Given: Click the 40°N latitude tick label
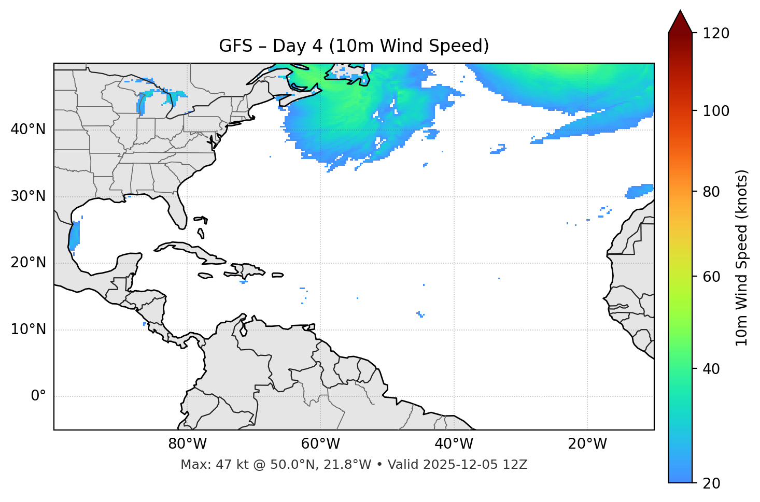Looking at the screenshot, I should click(x=28, y=130).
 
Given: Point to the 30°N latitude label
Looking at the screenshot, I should click(x=28, y=196).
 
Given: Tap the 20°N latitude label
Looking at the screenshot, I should click(x=28, y=263).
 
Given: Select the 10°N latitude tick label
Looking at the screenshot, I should click(x=28, y=329).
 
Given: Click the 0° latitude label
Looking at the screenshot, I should click(x=38, y=396).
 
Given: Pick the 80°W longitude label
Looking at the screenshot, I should click(x=187, y=444).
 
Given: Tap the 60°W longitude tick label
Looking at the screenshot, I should click(x=320, y=444).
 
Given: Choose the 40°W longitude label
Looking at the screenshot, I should click(x=454, y=444).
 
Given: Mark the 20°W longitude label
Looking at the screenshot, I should click(x=587, y=444).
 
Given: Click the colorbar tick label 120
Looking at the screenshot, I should click(x=716, y=34).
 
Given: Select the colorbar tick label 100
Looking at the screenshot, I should click(x=716, y=111).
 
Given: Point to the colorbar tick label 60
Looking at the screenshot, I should click(x=711, y=277).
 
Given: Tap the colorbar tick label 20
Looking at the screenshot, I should click(x=711, y=483).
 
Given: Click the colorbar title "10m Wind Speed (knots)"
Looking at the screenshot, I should click(x=742, y=258).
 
